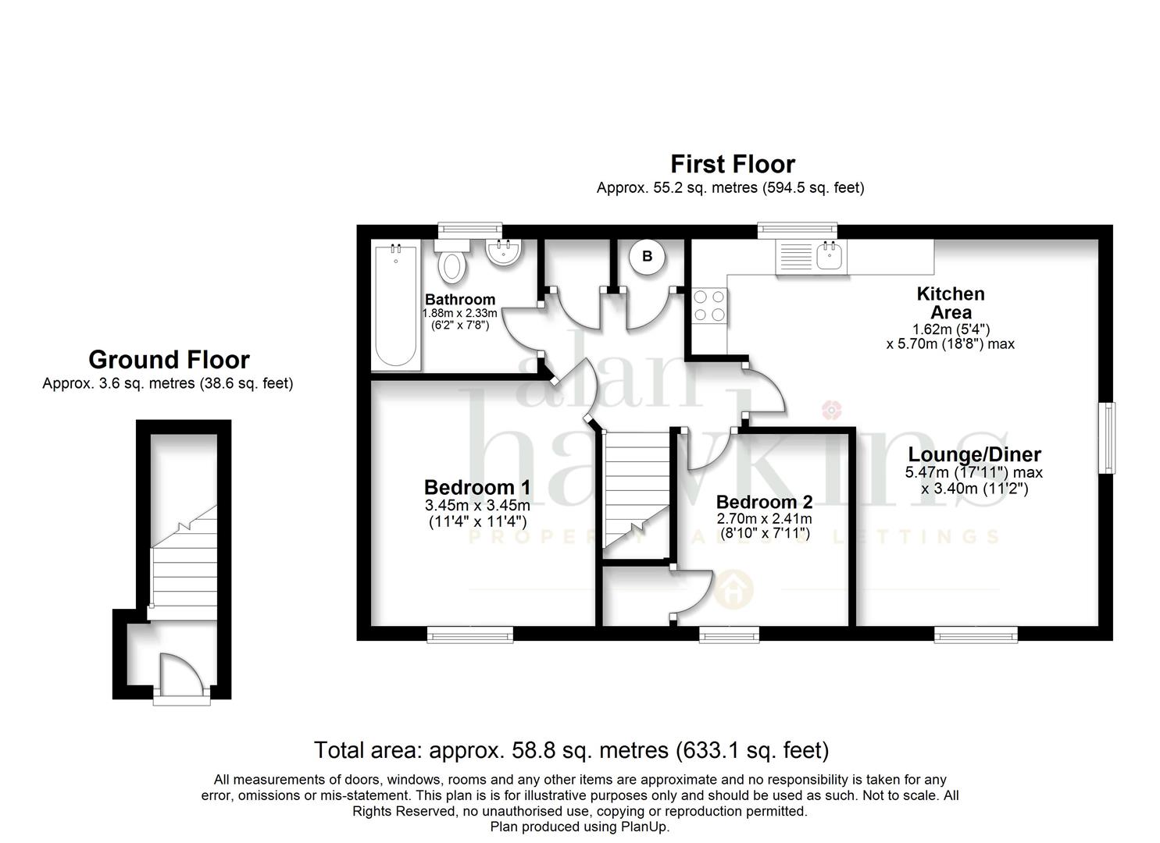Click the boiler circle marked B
tap(647, 256)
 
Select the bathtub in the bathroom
tap(395, 306)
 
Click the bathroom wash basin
tap(503, 252)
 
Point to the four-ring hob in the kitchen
tap(709, 306)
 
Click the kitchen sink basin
tap(829, 256)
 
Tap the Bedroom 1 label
tap(477, 487)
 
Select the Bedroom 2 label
tap(764, 501)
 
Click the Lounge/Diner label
tap(974, 454)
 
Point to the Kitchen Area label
tap(951, 303)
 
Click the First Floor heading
tap(732, 164)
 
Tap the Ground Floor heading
tap(169, 359)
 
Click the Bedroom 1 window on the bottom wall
tap(469, 635)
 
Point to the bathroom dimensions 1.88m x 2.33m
tap(459, 313)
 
